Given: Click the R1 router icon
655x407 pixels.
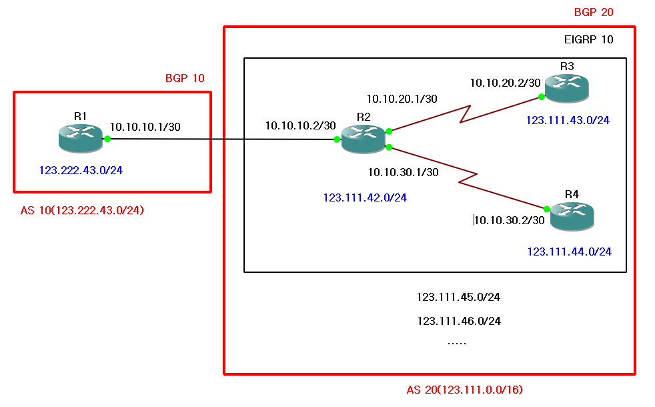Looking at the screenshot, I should (81, 137).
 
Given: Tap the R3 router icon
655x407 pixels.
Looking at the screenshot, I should (567, 87).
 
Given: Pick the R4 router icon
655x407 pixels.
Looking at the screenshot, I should (572, 216).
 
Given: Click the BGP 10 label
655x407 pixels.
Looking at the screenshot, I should (185, 78).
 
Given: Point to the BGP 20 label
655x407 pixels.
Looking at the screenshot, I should (594, 12).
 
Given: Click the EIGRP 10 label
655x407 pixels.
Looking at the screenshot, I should (589, 39).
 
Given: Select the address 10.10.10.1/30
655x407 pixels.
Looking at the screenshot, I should (145, 126).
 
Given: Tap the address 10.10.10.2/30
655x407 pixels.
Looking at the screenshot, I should (300, 125).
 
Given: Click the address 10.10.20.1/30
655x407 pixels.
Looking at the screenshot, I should (402, 99).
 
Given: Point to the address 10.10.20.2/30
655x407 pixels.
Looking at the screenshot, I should (505, 83).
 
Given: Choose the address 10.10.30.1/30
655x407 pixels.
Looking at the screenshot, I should (403, 172).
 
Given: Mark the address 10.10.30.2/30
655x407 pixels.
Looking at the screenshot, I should (510, 220).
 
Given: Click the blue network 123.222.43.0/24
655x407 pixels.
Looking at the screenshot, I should (81, 170).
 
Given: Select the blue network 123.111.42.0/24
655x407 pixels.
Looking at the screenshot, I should (365, 197).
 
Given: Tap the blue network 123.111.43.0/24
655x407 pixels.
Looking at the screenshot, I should (568, 121).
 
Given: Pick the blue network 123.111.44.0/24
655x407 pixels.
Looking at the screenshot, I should (569, 252).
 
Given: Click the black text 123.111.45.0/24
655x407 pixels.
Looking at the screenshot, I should (458, 297).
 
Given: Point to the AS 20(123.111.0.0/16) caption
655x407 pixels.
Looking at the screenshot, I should (469, 390).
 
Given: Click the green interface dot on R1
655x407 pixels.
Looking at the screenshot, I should (107, 139).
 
